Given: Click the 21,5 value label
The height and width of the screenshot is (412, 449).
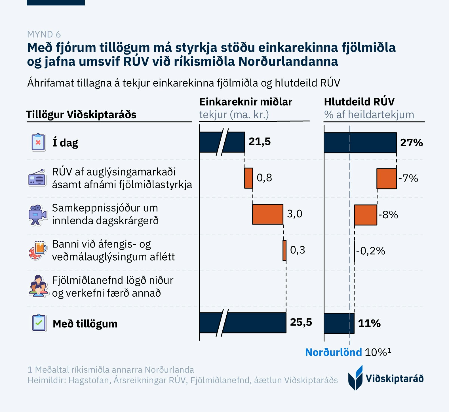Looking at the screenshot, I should tap(260, 141).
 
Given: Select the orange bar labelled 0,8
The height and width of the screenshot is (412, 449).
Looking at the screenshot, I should tap(249, 178).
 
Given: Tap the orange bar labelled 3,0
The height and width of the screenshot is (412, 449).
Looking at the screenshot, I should tap(268, 214).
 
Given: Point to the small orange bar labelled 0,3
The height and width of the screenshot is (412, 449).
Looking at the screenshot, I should tap(284, 250).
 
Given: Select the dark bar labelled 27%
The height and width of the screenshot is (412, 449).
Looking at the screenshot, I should tap(360, 143).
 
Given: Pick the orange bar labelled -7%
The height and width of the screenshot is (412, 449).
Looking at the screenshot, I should tap(387, 179).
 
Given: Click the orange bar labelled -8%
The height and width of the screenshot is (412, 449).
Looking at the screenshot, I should tap(366, 215).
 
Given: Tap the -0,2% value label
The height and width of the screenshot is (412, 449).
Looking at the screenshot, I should tap(370, 251).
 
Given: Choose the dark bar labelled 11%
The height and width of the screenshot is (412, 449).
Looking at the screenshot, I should tap(339, 323).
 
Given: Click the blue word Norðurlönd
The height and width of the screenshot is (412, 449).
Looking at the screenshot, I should tap(334, 352).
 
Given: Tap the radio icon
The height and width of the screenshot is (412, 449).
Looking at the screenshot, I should tap(37, 178).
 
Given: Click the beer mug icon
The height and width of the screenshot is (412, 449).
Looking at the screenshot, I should tap(38, 250).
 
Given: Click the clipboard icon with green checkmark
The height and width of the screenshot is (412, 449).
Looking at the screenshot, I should tap(39, 323).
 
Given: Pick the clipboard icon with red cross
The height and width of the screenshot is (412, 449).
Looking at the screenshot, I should tap(38, 142).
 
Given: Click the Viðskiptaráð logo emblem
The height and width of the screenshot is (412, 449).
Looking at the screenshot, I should tap(356, 378).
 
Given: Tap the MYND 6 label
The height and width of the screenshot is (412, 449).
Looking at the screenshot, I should tap(44, 34).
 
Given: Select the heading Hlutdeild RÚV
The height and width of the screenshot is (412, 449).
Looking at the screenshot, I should tap(359, 102).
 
